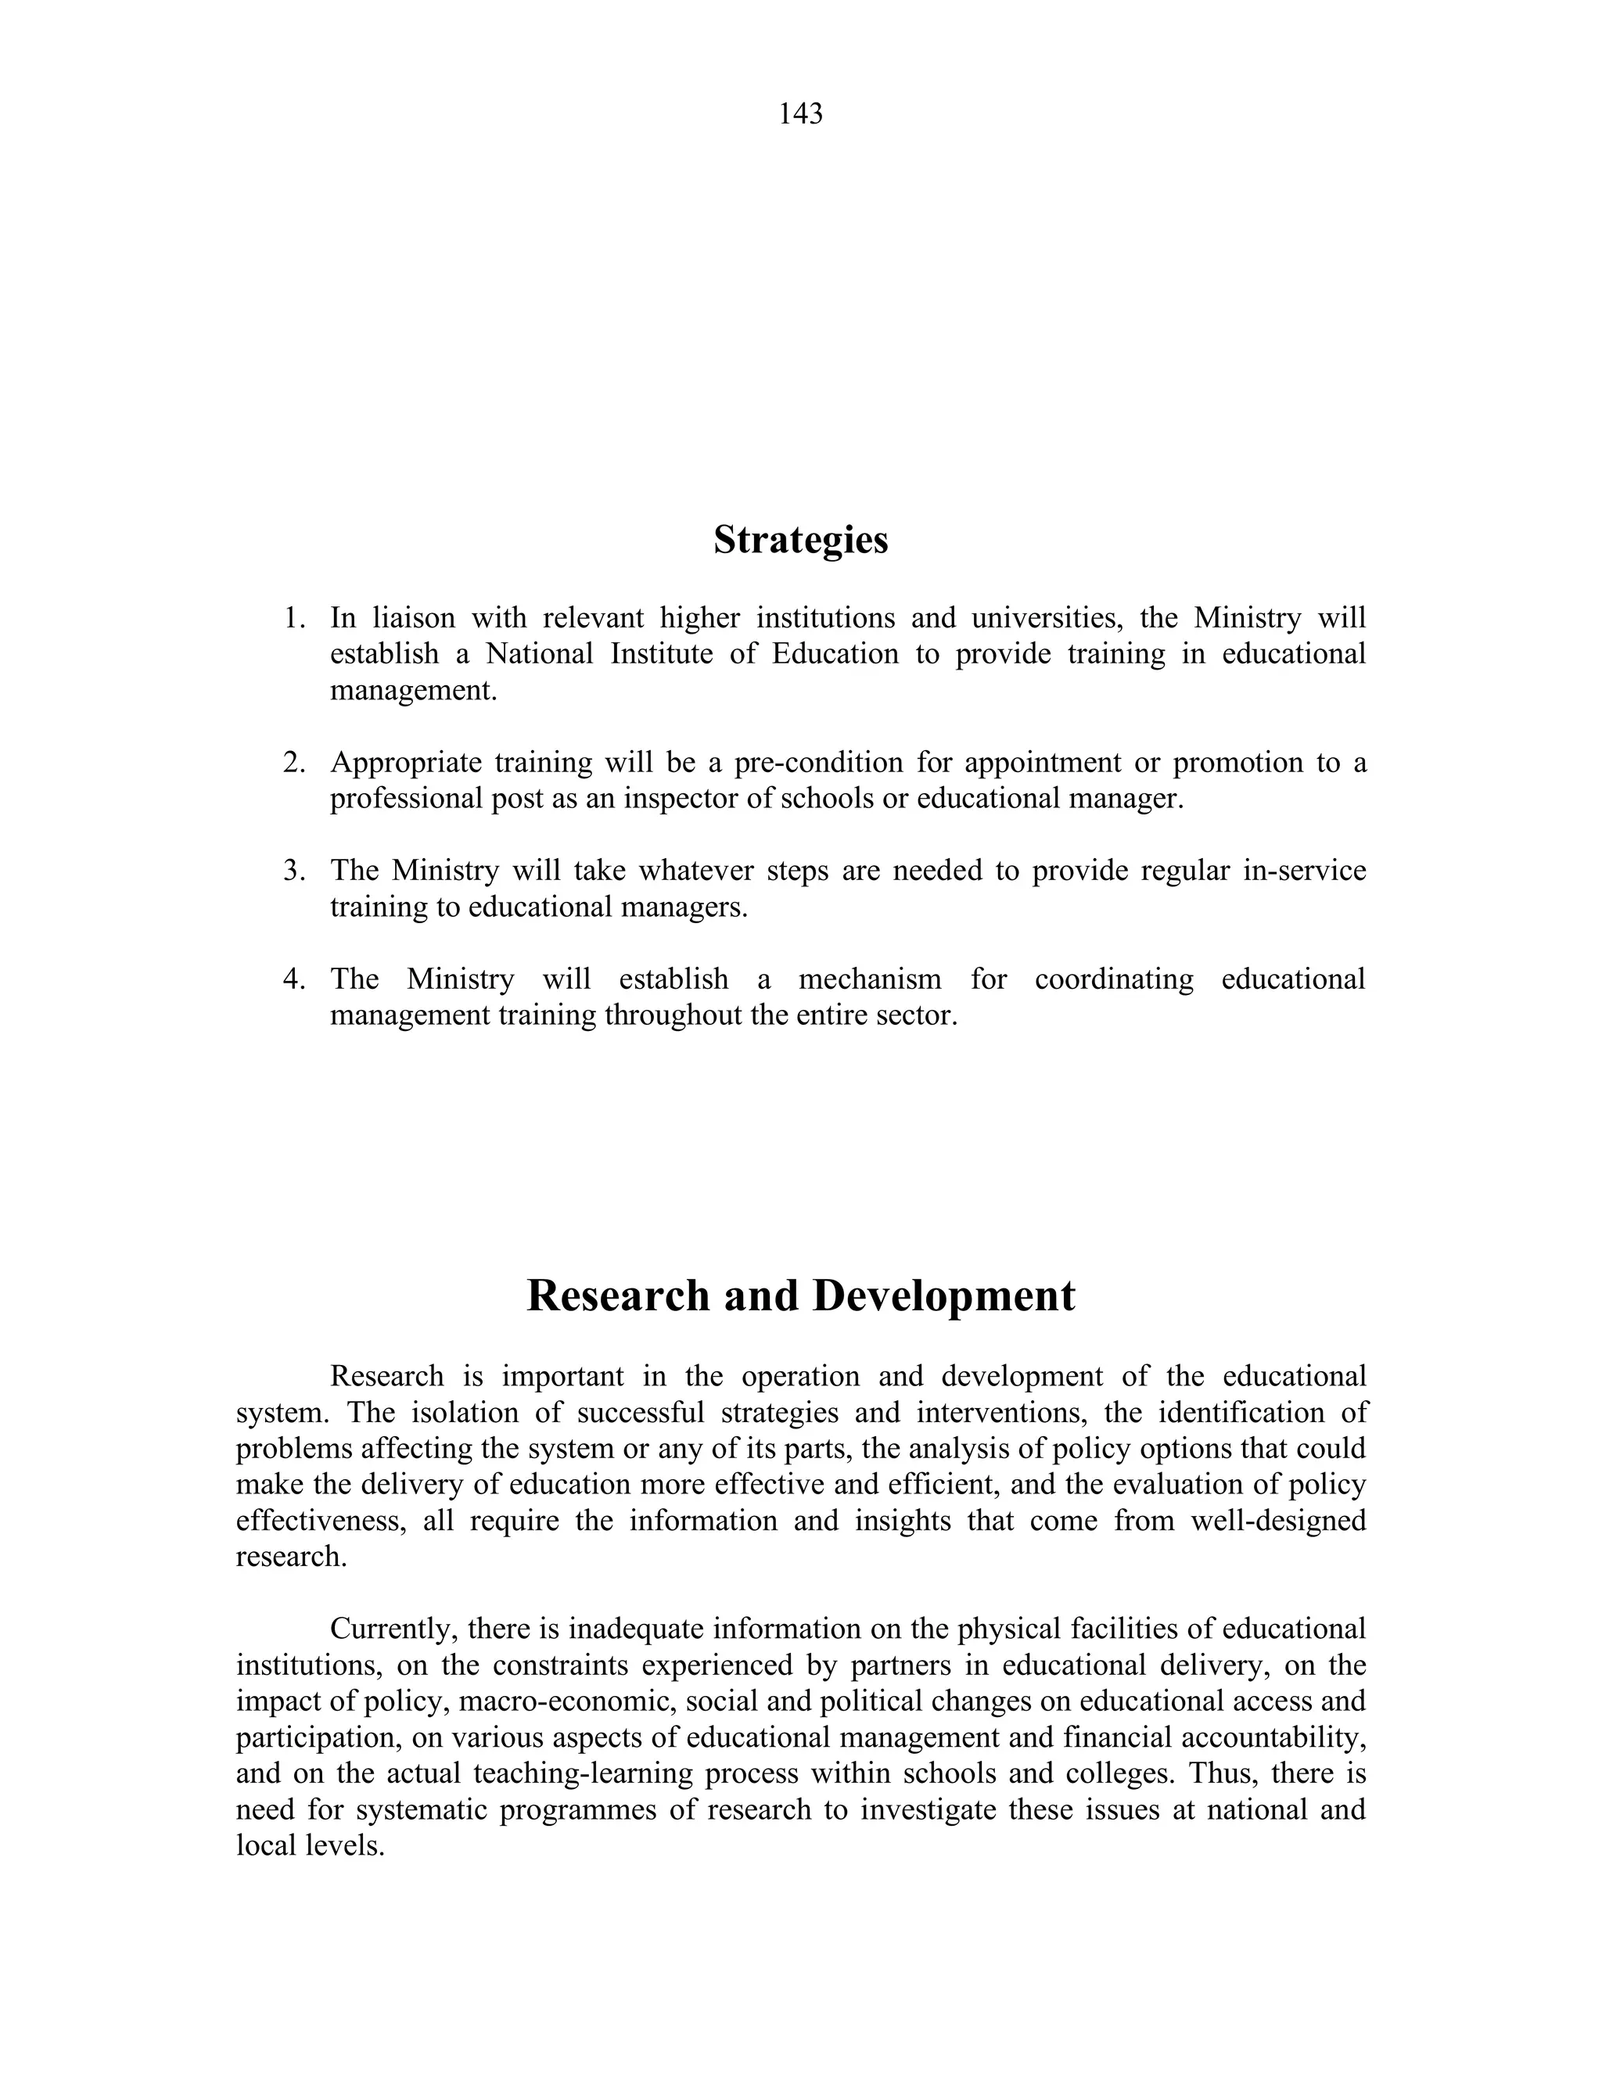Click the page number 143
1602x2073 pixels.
800,114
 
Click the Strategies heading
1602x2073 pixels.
800,540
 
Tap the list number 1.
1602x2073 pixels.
294,619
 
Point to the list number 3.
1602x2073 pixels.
294,871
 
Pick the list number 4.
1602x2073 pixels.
294,979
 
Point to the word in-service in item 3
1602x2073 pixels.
1304,871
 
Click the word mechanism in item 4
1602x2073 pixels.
869,979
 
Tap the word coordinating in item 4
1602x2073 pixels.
1114,979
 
